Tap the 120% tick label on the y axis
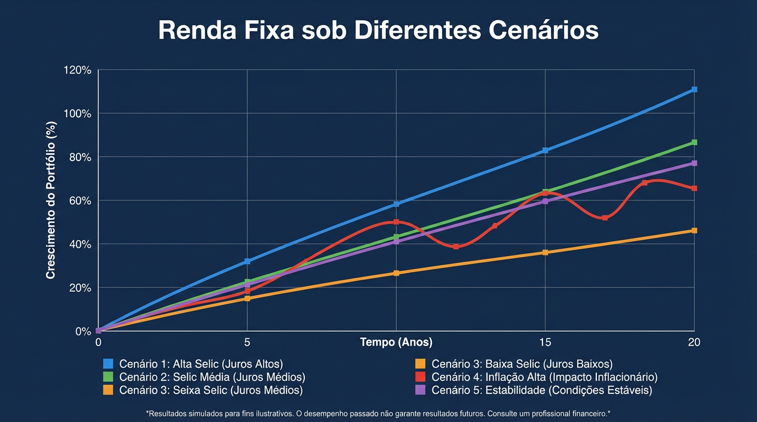pyautogui.click(x=78, y=70)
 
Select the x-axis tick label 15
pyautogui.click(x=545, y=342)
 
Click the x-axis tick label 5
pyautogui.click(x=247, y=342)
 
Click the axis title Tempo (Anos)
pyautogui.click(x=396, y=342)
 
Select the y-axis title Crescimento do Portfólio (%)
pyautogui.click(x=51, y=201)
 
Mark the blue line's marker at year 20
pyautogui.click(x=694, y=89)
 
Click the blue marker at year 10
pyautogui.click(x=396, y=204)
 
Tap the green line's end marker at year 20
pyautogui.click(x=694, y=142)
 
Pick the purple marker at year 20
pyautogui.click(x=694, y=163)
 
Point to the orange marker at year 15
pyautogui.click(x=545, y=253)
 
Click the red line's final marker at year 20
pyautogui.click(x=694, y=188)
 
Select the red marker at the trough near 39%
pyautogui.click(x=456, y=247)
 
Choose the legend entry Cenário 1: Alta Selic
pyautogui.click(x=201, y=364)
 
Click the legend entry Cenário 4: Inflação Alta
pyautogui.click(x=544, y=377)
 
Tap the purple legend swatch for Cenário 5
pyautogui.click(x=420, y=390)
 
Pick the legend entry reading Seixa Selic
pyautogui.click(x=211, y=390)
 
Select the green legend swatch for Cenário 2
pyautogui.click(x=108, y=377)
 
